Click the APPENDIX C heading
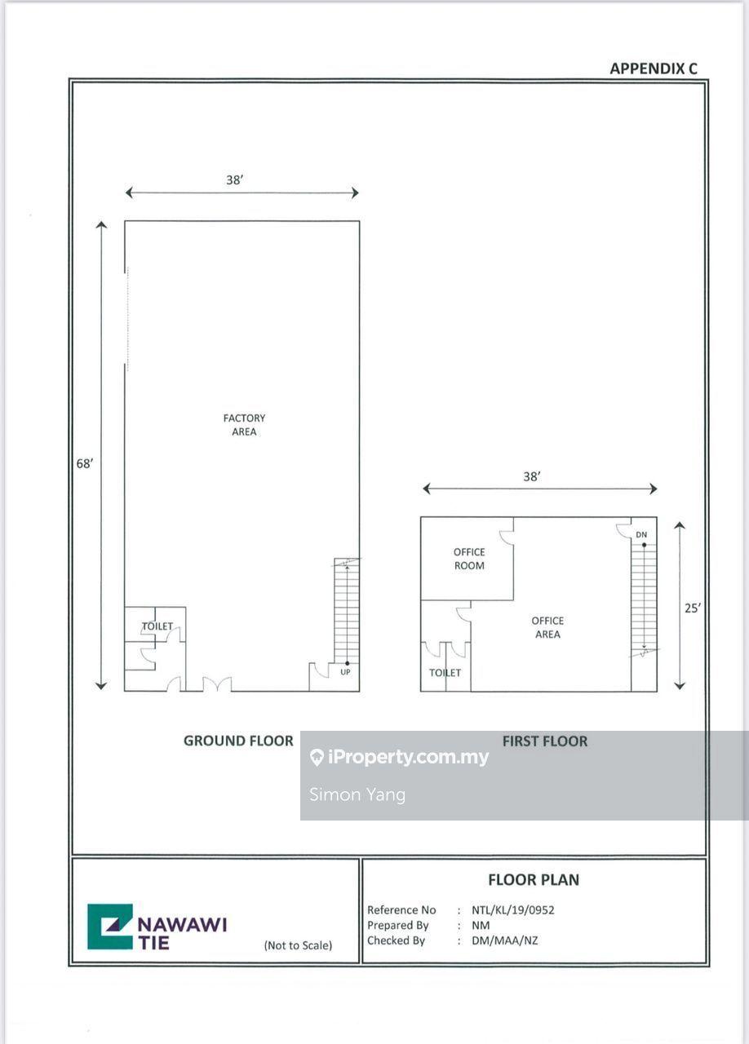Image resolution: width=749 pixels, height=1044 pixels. (x=654, y=69)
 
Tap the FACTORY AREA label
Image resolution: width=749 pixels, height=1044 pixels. (x=244, y=425)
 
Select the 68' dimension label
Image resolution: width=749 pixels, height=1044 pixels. (x=85, y=463)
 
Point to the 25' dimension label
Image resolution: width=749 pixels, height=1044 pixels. (x=693, y=608)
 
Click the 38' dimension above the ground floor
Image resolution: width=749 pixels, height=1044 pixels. (x=235, y=180)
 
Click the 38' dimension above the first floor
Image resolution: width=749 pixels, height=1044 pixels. (x=532, y=476)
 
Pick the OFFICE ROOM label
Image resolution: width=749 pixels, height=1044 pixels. (x=469, y=559)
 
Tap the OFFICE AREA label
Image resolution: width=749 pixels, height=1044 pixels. (x=547, y=627)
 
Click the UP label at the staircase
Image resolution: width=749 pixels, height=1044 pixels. (x=345, y=671)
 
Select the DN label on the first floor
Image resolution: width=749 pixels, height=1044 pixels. (x=641, y=534)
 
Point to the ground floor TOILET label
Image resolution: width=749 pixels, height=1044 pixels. (x=157, y=626)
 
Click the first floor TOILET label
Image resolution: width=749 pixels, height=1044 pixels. (x=445, y=673)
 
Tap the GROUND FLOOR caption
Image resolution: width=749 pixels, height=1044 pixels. (x=238, y=741)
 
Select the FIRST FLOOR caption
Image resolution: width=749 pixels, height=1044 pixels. (x=545, y=741)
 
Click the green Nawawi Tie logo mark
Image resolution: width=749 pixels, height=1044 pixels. (x=110, y=927)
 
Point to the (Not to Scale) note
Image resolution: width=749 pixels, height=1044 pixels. (x=298, y=945)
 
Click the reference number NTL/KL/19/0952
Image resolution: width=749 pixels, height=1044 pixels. (x=513, y=909)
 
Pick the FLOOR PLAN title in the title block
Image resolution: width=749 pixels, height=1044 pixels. (x=534, y=879)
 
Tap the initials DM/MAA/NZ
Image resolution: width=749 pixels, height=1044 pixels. (x=504, y=940)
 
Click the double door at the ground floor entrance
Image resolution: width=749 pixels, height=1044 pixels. (x=217, y=683)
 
